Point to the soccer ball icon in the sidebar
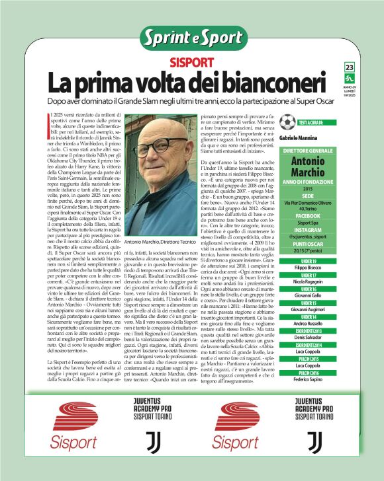[287, 122]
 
